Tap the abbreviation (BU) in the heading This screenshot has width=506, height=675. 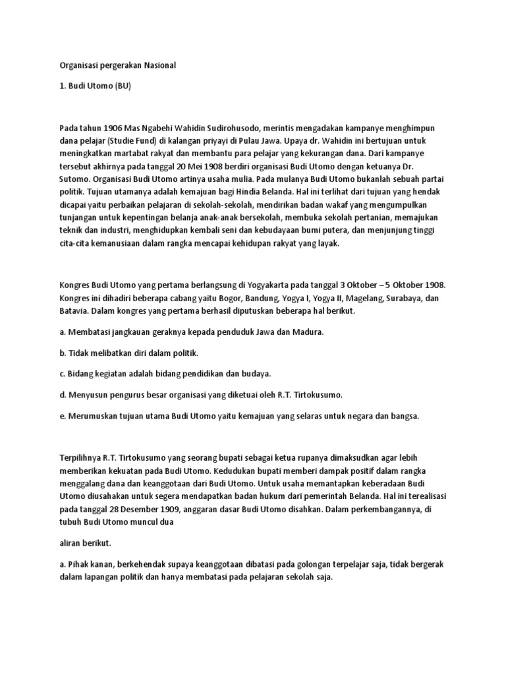tap(119, 88)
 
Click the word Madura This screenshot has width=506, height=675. tap(308, 332)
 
